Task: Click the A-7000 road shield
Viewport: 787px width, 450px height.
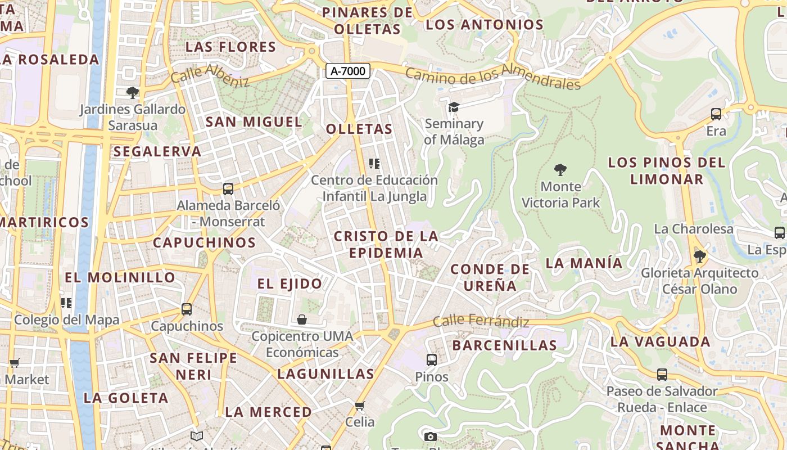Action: pos(348,71)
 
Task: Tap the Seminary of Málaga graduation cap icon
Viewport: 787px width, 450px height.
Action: pos(454,107)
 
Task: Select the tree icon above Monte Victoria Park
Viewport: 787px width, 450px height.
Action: pos(560,169)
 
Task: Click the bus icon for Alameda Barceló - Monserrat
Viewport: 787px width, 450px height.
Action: pos(228,189)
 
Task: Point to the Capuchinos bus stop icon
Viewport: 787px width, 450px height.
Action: pos(187,309)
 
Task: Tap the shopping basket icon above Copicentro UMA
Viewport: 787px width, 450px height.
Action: pos(302,319)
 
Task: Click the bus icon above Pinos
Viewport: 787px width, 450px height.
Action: pos(432,359)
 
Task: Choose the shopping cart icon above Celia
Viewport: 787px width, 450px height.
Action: pos(360,405)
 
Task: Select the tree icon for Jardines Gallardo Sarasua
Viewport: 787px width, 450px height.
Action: pos(133,92)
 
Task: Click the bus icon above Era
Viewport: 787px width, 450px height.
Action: pos(716,114)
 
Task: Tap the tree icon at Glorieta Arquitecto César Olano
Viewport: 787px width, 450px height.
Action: pos(700,256)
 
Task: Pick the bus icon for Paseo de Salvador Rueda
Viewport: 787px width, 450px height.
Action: pos(662,374)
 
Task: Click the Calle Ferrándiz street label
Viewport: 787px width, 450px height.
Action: pos(481,321)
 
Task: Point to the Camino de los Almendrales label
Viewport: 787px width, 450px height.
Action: pos(492,78)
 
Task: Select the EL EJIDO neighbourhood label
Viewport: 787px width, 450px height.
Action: pos(290,283)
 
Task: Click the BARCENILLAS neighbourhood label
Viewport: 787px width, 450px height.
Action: pos(504,345)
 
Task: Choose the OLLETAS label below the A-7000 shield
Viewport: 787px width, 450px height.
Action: pos(359,129)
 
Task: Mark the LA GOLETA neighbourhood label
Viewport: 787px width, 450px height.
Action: pos(126,398)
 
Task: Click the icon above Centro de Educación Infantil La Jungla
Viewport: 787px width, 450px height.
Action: pos(374,164)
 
